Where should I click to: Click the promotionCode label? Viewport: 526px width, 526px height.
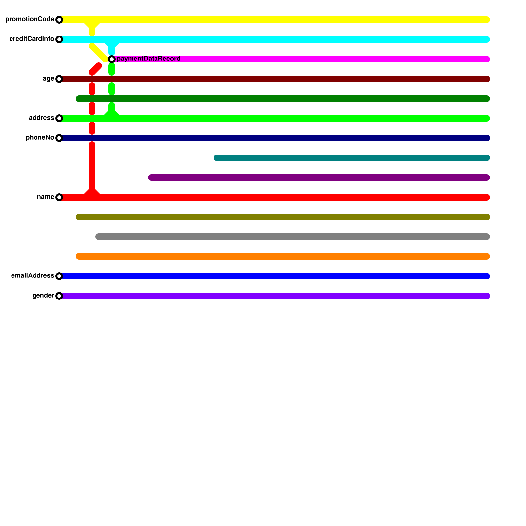click(x=30, y=19)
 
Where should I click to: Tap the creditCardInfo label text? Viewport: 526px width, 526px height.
click(x=32, y=39)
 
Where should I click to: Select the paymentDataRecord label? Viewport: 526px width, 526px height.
click(x=148, y=59)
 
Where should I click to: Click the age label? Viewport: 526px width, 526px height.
click(x=48, y=79)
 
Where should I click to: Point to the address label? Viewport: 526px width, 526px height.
click(x=41, y=118)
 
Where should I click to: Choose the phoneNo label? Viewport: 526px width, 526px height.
click(x=40, y=138)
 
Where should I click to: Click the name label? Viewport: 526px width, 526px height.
click(x=45, y=197)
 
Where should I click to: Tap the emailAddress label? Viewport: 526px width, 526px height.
click(x=32, y=276)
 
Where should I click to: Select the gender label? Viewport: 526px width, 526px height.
click(x=43, y=296)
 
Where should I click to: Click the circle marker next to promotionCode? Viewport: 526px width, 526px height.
click(x=59, y=20)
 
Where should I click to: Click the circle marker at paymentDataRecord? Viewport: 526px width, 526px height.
click(x=112, y=59)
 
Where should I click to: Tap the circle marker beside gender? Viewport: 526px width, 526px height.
click(x=59, y=296)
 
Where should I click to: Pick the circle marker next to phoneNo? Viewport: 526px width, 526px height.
click(x=59, y=138)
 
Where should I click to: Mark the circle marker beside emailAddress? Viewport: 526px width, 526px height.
click(x=59, y=276)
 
